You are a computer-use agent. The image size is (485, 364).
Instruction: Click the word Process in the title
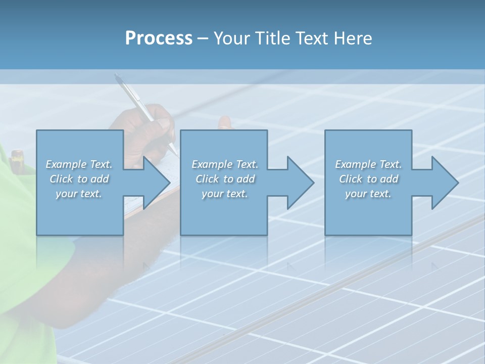point(159,38)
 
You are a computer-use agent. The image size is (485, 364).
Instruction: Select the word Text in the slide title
point(312,38)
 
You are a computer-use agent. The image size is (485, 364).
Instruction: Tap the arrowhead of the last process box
point(444,183)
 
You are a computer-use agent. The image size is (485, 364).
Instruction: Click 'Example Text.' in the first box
point(79,164)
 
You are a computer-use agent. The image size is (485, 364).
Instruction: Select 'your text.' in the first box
point(79,194)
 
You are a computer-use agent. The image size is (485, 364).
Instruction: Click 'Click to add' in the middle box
point(225,179)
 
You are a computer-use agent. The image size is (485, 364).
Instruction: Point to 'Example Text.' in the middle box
point(225,164)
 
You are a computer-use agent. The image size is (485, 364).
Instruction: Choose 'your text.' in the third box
point(368,194)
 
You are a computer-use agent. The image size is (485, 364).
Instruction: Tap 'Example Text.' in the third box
point(368,164)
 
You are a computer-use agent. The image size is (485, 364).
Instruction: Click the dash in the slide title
point(203,38)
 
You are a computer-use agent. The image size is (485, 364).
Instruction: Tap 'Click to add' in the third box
point(368,179)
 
